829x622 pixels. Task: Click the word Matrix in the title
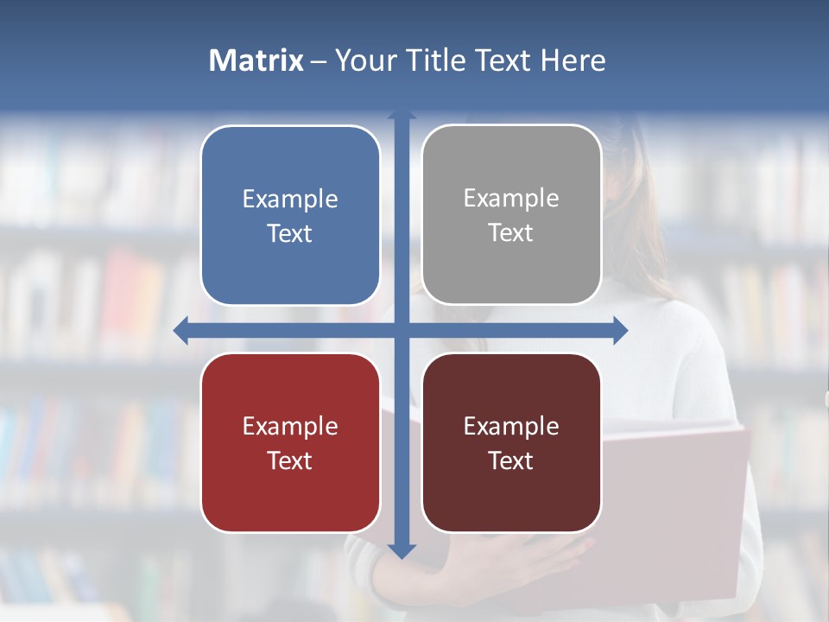coord(256,60)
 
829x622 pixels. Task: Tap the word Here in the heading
coord(573,60)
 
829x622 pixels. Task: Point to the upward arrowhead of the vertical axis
coord(402,115)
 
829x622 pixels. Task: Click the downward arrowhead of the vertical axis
coord(402,550)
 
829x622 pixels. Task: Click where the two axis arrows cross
coord(402,330)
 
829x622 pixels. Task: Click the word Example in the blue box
coord(290,199)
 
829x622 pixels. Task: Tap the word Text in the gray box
coord(511,233)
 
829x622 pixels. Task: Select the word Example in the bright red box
coord(290,426)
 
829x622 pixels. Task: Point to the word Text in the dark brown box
coord(511,460)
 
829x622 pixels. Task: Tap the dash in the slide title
coord(319,60)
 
